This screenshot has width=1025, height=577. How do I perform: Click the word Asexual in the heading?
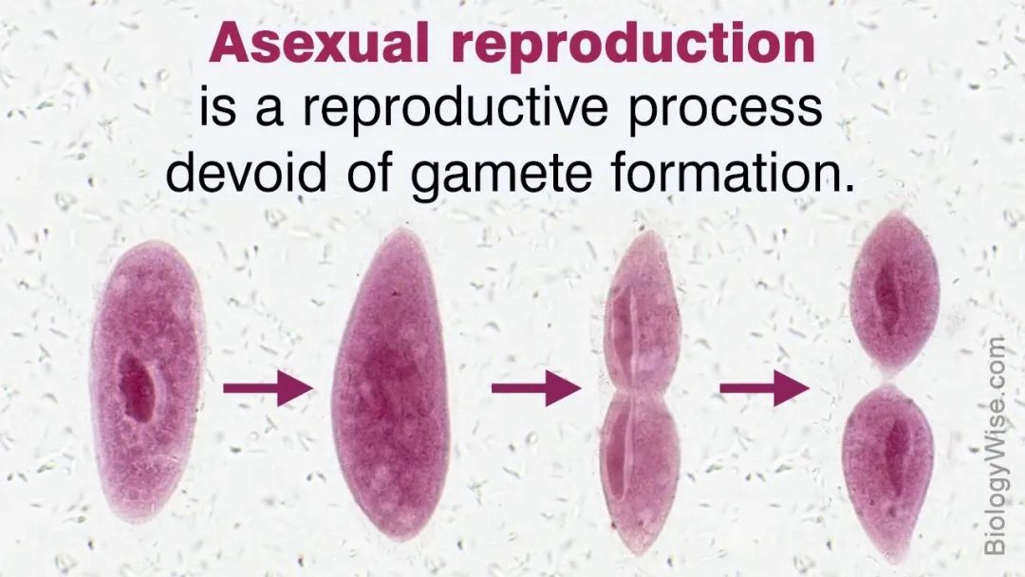click(320, 43)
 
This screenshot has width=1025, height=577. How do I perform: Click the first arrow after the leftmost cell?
click(269, 388)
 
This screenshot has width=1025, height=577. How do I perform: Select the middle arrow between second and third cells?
click(536, 388)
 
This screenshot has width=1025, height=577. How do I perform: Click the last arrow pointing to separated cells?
click(764, 388)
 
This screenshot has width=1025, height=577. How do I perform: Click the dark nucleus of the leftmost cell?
click(139, 387)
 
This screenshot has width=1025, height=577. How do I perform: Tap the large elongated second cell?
click(390, 384)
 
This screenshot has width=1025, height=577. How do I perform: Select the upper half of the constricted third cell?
click(642, 309)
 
